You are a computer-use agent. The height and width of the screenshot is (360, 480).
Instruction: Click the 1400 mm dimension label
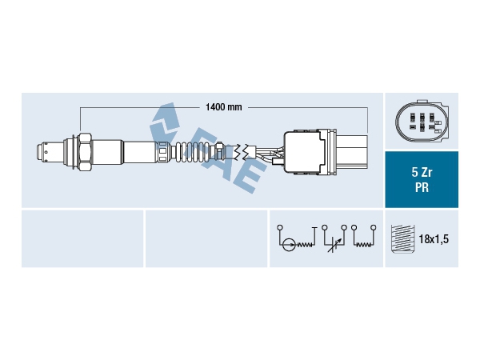pos(222,106)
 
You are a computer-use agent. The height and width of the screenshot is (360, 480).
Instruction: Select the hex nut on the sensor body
pos(84,150)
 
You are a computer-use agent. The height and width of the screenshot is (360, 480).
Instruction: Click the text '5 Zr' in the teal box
pos(421,172)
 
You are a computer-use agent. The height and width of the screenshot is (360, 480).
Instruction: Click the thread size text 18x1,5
pos(435,239)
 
